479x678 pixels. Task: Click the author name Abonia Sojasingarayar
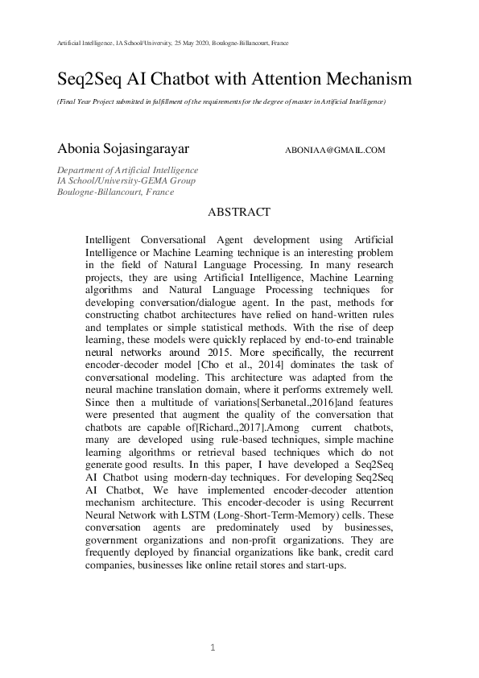pos(122,149)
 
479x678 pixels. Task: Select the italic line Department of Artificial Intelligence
pos(127,170)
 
